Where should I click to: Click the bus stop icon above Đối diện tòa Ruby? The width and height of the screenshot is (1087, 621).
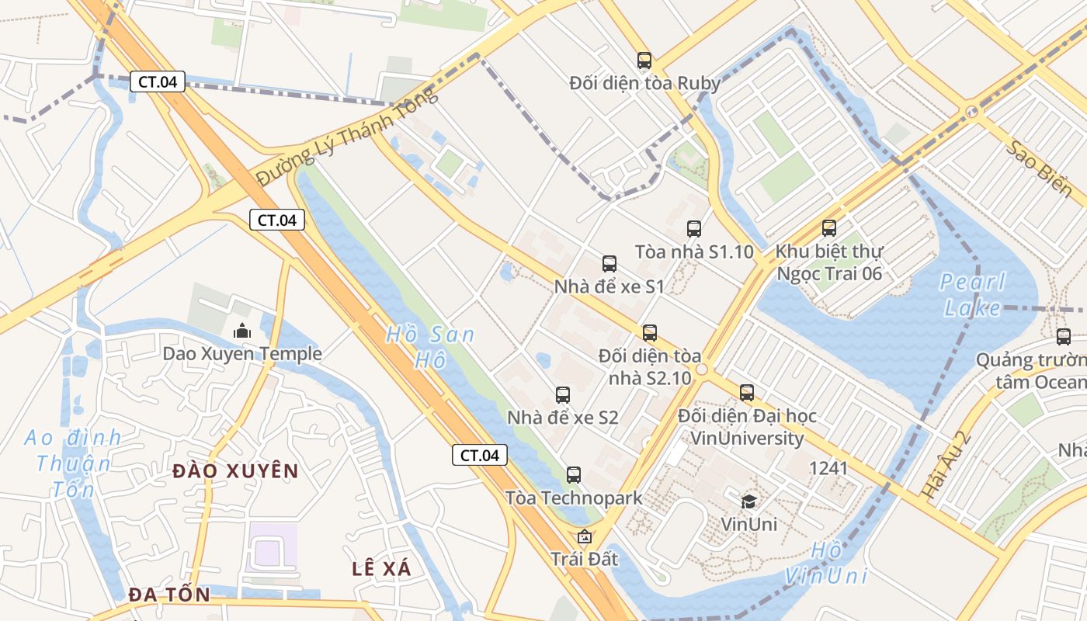644,60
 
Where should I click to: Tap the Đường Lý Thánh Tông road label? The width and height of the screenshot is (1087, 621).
347,137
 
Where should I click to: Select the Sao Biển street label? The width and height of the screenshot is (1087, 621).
1040,168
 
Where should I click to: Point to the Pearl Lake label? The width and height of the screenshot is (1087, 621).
972,294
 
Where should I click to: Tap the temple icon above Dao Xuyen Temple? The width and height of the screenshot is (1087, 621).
242,331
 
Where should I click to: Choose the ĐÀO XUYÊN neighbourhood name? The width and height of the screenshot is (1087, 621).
235,470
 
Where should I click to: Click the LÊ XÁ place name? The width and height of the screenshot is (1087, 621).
381,568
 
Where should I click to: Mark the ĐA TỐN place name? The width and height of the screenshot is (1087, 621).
169,595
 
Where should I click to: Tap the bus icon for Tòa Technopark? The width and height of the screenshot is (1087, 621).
574,474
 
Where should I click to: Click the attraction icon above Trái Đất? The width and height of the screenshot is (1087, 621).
584,536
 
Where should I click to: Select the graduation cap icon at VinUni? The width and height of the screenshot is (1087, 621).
748,501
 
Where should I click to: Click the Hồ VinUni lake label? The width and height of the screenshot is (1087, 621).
825,563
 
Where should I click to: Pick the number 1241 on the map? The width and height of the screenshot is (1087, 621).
828,468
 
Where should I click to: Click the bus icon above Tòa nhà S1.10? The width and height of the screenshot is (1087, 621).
694,229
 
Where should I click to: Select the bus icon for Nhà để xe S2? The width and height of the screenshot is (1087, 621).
563,394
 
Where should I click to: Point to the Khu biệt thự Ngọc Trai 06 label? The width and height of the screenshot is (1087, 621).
829,262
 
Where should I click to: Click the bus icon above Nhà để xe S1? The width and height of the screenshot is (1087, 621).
609,264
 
